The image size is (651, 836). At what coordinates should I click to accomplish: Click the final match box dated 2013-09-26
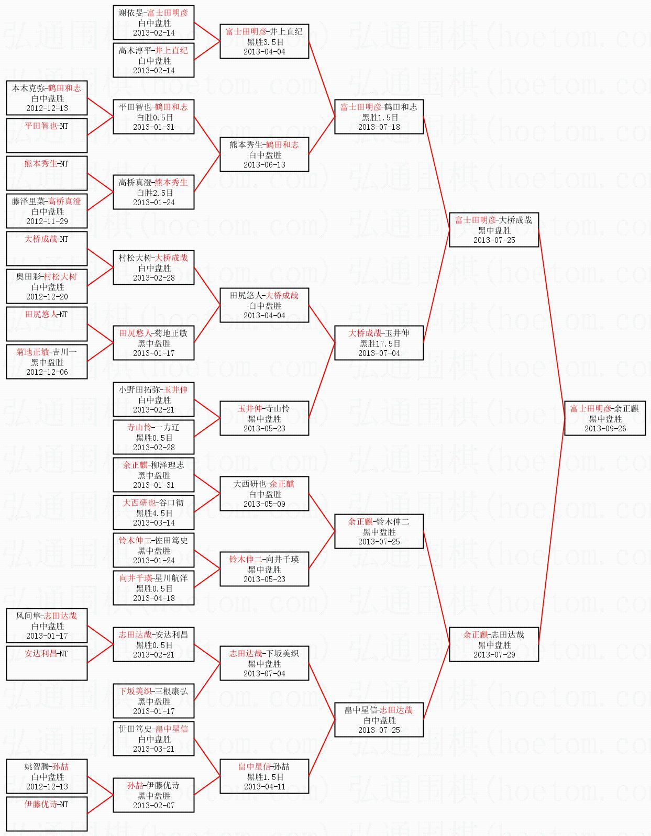click(x=604, y=418)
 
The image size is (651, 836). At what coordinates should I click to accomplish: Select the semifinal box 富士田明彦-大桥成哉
click(x=493, y=230)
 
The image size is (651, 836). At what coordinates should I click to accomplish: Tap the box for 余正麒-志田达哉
click(x=493, y=644)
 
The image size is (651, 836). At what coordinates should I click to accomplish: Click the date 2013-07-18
click(x=379, y=127)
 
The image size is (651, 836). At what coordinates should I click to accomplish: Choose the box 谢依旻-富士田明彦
click(x=153, y=23)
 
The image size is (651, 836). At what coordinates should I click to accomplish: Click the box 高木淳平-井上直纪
click(x=153, y=60)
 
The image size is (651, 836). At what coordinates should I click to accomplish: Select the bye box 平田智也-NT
click(x=47, y=136)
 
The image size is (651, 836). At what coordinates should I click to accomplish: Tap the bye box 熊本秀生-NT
click(x=47, y=173)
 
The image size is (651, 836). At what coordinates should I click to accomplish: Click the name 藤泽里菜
click(x=28, y=202)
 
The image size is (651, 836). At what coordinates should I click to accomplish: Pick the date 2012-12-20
click(x=47, y=297)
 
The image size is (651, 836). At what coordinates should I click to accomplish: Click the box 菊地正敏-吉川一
click(x=47, y=362)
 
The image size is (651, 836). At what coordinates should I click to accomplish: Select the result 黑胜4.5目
click(x=154, y=513)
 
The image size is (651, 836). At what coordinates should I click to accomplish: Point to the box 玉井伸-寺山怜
click(x=264, y=418)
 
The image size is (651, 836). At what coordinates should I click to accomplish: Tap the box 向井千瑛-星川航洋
click(x=153, y=588)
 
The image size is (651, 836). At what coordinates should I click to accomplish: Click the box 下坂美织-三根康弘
click(x=153, y=701)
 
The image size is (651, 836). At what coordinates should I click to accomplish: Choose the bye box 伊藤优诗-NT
click(x=47, y=814)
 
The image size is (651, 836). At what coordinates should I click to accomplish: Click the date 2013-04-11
click(x=264, y=787)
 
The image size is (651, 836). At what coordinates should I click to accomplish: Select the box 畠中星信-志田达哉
click(x=379, y=720)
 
